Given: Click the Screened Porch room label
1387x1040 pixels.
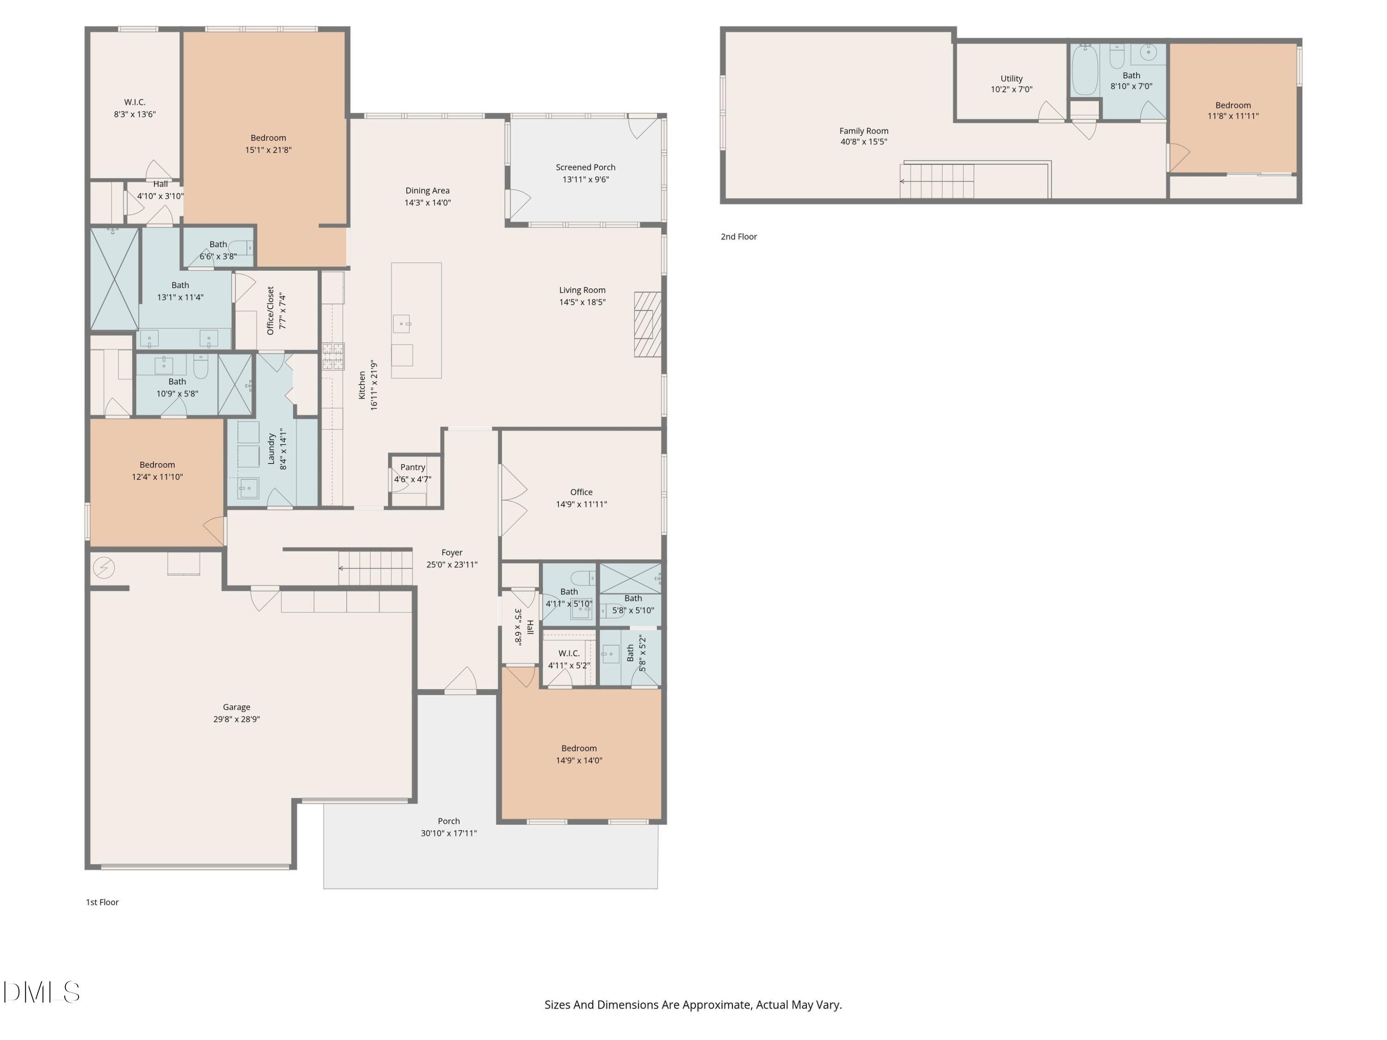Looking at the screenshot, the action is pos(586,167).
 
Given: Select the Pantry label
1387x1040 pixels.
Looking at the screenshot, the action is pos(412,467).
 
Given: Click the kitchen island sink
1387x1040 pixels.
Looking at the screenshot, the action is pos(402,324).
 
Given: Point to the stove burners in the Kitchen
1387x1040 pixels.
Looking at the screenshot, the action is pos(333,356).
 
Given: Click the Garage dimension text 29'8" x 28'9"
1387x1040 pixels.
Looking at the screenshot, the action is pos(236,719).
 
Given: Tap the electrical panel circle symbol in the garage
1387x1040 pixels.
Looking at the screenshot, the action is pos(104,568).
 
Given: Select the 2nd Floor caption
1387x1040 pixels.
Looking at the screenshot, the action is pos(739,236).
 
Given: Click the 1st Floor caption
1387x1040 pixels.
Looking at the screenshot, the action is pos(102,902).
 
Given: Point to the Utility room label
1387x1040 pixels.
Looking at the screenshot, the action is pos(1012,79).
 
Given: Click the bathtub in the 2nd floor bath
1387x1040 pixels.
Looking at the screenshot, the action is pos(1085,70).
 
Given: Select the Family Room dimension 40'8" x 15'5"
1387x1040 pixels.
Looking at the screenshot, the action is pos(864,142).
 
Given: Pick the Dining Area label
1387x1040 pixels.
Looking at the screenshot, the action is pos(428,190).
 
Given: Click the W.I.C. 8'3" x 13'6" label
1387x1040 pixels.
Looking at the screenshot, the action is pos(135,108).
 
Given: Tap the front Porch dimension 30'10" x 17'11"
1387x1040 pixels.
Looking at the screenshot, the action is pos(449,833).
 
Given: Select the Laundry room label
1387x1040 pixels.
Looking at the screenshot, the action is pos(271,449).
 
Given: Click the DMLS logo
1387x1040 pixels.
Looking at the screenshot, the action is pos(42,992).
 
